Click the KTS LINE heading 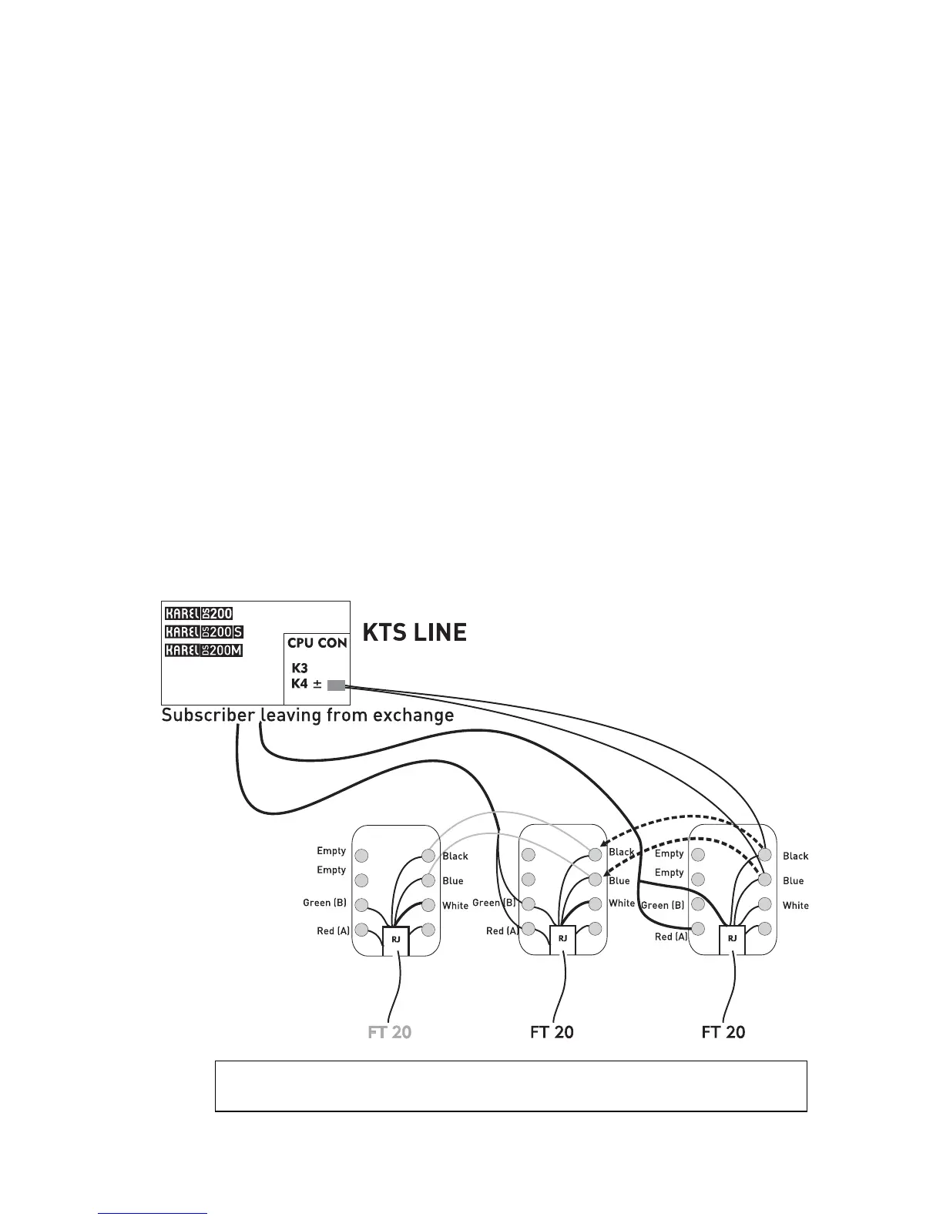coord(414,632)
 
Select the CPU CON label coord(317,642)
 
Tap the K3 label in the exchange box coord(300,669)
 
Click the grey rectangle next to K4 coord(336,685)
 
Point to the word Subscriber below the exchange coord(207,716)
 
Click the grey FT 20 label coord(390,1031)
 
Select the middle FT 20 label coord(552,1031)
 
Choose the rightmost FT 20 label coord(723,1031)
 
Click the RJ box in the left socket coord(396,940)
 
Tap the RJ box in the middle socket coord(563,939)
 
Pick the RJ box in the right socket coord(732,939)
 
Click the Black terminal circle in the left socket coord(428,856)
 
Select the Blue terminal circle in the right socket coord(765,880)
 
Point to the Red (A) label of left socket coord(333,931)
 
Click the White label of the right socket coord(796,906)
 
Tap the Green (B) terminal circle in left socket coord(361,906)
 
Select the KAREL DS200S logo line coord(204,632)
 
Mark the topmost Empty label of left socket coord(331,851)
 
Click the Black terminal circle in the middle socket coord(595,854)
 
